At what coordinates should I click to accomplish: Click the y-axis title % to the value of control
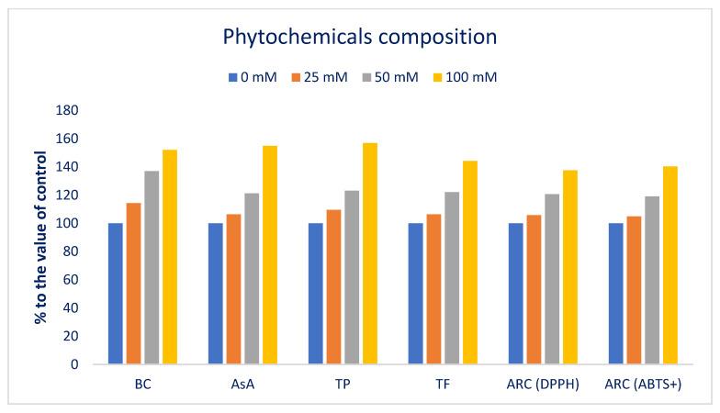pyautogui.click(x=41, y=237)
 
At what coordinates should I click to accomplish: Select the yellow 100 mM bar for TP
pyautogui.click(x=369, y=253)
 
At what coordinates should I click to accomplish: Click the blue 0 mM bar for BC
pyautogui.click(x=116, y=294)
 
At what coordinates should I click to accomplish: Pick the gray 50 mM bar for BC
pyautogui.click(x=152, y=267)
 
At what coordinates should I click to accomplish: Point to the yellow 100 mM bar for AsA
pyautogui.click(x=269, y=254)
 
